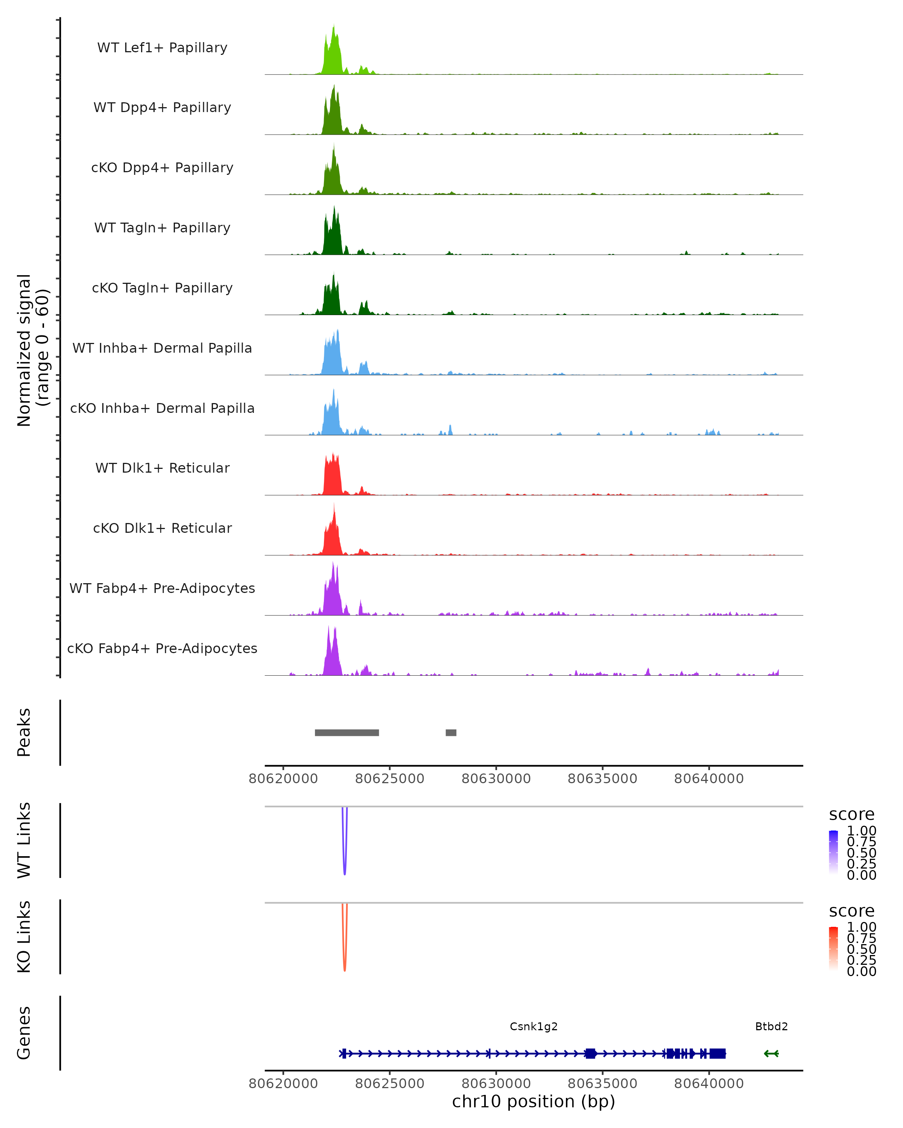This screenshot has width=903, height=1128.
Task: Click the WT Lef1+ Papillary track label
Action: (162, 48)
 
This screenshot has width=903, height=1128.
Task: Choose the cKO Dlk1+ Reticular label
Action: (162, 528)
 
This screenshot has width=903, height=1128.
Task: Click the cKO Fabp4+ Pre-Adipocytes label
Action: (162, 648)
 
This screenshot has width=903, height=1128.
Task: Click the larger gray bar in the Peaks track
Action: (347, 732)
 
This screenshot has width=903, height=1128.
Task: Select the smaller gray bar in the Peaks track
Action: (451, 732)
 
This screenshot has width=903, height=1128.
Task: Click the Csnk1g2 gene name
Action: (534, 1026)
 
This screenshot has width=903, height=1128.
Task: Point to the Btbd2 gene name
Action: (771, 1026)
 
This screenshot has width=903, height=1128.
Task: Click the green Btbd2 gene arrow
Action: (771, 1053)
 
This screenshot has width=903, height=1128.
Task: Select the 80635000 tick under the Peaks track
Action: (602, 779)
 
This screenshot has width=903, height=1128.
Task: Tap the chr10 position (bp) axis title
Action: (534, 1101)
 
